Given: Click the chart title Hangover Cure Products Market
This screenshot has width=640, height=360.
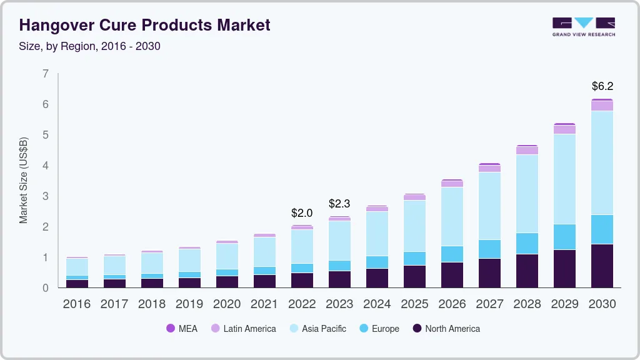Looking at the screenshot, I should pos(144,26).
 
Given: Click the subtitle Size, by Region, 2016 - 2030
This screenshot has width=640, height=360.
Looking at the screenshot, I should pos(89,46).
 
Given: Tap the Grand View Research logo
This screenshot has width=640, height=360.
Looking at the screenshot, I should pos(583,26).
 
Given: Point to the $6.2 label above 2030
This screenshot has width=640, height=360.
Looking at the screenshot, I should pos(602,86).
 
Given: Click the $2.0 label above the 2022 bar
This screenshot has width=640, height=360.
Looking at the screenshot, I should pos(302,213).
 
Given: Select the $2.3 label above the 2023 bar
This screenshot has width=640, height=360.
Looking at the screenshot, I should pos(339,204).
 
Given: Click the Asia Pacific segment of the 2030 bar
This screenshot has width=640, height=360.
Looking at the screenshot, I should pos(602,162).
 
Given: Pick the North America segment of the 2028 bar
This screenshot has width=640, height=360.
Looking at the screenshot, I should pos(527,271).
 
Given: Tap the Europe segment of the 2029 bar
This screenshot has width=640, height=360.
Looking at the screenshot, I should pos(564,237).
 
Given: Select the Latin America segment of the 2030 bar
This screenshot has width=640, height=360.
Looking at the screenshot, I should pos(602,106).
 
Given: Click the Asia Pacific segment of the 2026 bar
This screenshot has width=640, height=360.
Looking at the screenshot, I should pos(452,216).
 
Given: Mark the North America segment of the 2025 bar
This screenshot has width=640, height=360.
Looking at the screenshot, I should pos(414,276).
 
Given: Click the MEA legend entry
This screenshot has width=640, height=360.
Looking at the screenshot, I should pos(182,329).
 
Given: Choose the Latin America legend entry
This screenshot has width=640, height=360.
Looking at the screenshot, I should pos(243,329).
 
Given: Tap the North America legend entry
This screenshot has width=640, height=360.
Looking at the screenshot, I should pos(446,329).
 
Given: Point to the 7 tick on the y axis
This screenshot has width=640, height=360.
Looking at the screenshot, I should pos(45,74).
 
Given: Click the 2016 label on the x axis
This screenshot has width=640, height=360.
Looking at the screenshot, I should pos(77,304).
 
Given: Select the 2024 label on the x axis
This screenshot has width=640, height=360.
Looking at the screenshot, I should pos(377,304).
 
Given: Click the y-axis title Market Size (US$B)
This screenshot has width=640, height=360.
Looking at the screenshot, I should pos(24,180).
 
